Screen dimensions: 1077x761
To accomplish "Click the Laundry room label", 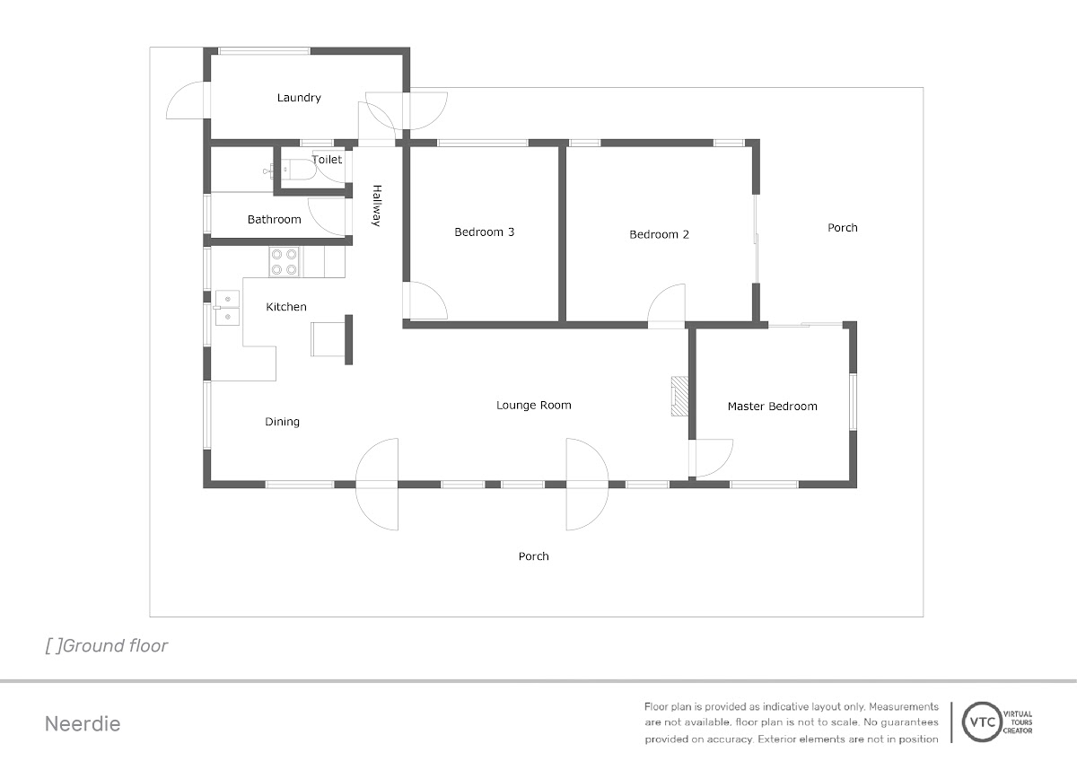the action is click(299, 98).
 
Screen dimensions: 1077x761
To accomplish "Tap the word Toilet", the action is click(327, 160).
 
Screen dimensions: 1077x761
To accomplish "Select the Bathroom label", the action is click(274, 220).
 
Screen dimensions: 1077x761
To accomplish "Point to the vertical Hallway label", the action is click(377, 206).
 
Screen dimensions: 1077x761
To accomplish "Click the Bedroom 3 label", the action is click(484, 232).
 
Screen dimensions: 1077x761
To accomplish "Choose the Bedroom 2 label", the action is click(659, 234).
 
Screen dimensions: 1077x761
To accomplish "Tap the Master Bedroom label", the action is click(772, 407).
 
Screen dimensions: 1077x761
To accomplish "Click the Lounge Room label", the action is click(534, 406).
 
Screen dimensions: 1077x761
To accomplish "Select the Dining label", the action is click(282, 422).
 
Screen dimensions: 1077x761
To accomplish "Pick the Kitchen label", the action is click(286, 307).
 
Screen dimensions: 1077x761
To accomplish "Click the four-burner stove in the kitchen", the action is click(284, 262).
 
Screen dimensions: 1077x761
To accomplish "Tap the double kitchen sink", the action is click(227, 308).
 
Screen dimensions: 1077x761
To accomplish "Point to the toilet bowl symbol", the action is click(298, 170).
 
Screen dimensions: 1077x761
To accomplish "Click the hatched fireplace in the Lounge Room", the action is click(680, 396).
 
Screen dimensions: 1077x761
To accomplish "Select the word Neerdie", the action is click(83, 724).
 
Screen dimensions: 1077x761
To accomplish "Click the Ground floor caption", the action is click(107, 646).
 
